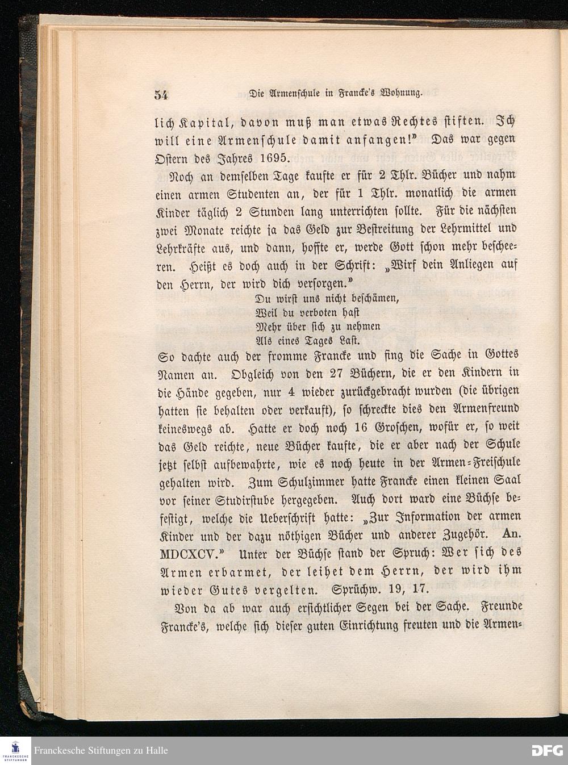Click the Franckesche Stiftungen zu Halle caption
click(101, 750)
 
